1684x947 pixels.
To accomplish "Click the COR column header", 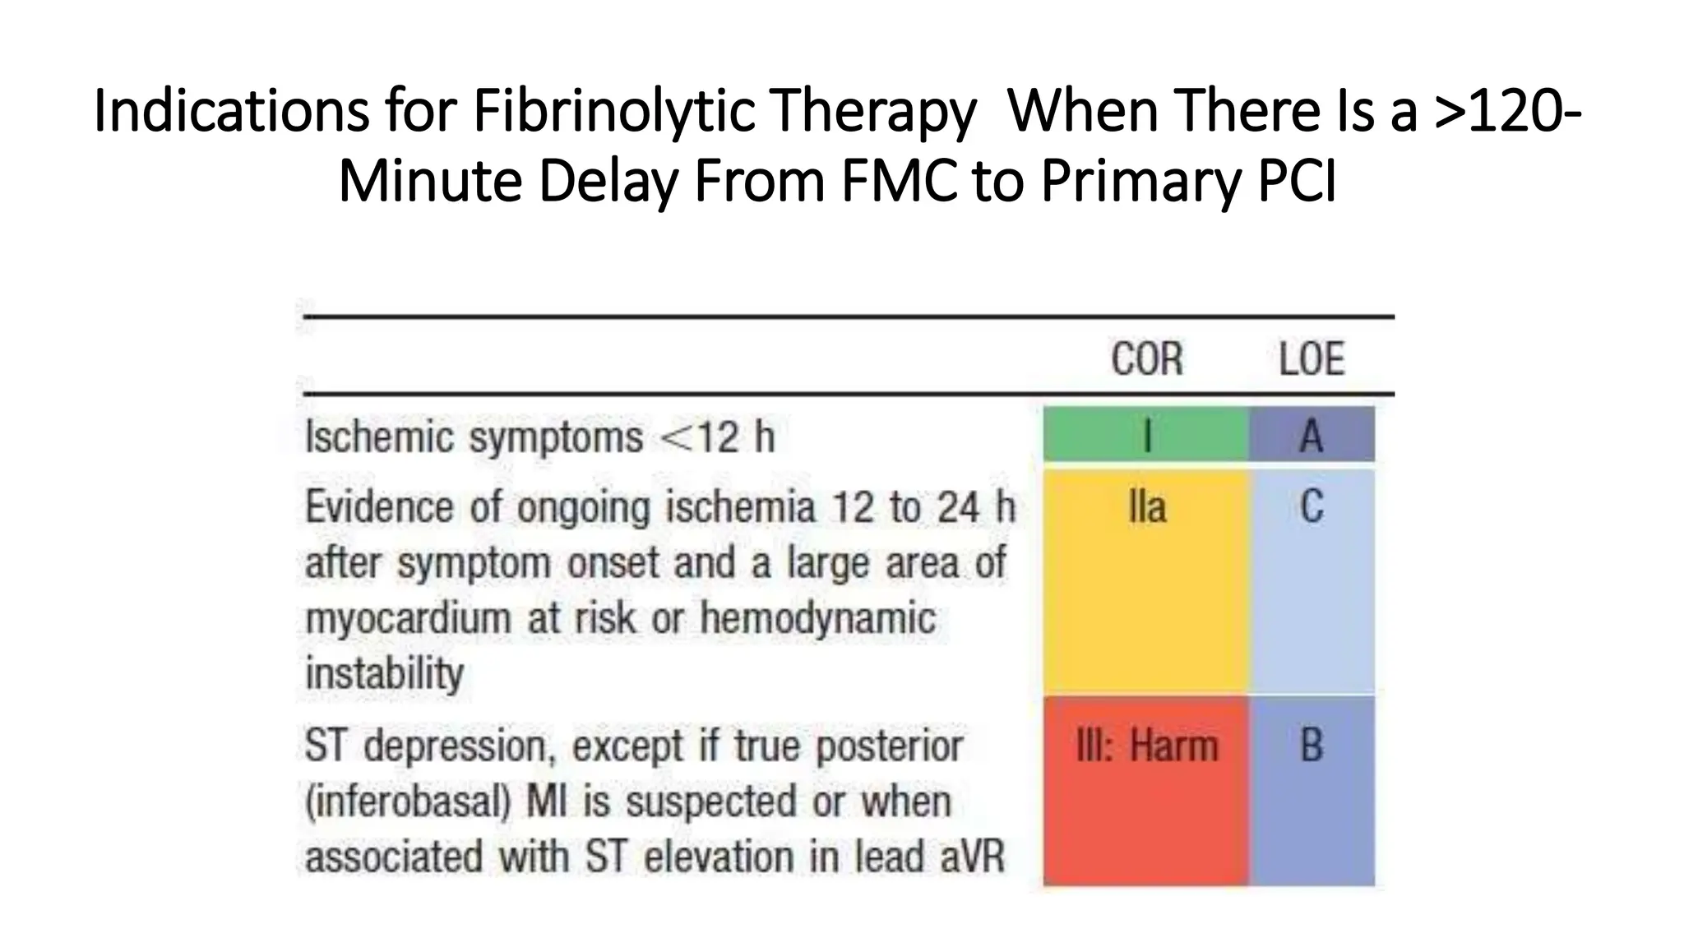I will tap(1146, 360).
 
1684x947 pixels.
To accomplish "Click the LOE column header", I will tap(1312, 360).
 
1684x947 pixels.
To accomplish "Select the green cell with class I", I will tap(1146, 435).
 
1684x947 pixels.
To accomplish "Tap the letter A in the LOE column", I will tap(1312, 435).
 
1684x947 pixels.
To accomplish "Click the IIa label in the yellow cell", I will tap(1146, 506).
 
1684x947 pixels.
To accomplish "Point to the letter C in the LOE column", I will tap(1312, 506).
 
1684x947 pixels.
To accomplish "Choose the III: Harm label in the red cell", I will tap(1146, 746).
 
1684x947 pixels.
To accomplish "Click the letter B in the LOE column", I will tap(1312, 746).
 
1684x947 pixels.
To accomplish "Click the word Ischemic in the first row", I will tap(381, 437).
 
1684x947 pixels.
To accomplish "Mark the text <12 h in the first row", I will tap(718, 437).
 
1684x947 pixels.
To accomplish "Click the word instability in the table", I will tap(384, 673).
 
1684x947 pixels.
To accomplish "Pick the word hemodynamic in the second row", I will tap(817, 618).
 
